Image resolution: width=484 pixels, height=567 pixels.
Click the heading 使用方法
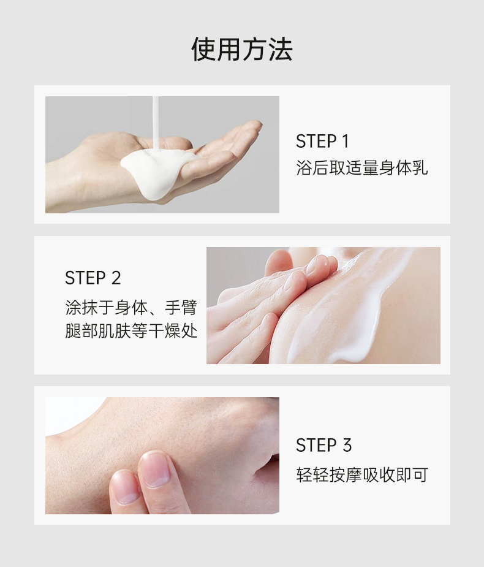pyautogui.click(x=241, y=49)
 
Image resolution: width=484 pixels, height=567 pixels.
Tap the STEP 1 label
pyautogui.click(x=322, y=142)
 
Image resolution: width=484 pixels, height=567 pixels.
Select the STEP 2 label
pyautogui.click(x=93, y=278)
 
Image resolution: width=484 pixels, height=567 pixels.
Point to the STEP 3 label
pyautogui.click(x=323, y=445)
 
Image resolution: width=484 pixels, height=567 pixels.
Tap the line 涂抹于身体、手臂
pyautogui.click(x=130, y=306)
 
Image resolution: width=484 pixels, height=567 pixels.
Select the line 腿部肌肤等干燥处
pyautogui.click(x=130, y=332)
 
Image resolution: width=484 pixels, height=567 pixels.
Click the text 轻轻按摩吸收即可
pyautogui.click(x=361, y=474)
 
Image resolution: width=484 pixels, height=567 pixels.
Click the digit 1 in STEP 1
pyautogui.click(x=345, y=142)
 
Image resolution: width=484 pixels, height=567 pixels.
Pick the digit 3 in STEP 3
pyautogui.click(x=347, y=445)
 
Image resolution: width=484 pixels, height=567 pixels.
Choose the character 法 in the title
pyautogui.click(x=279, y=49)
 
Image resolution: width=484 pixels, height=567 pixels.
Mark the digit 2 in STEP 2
pyautogui.click(x=116, y=278)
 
